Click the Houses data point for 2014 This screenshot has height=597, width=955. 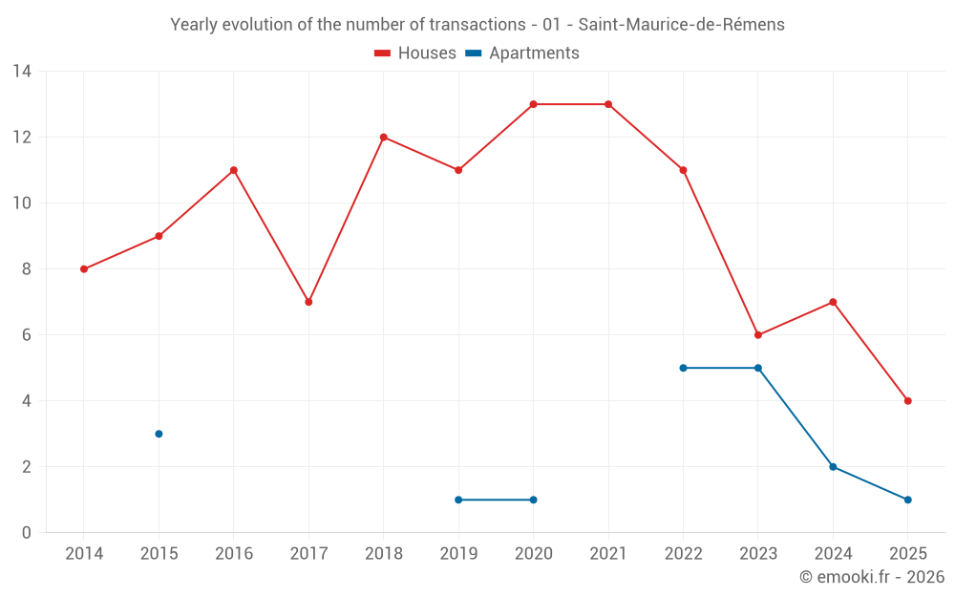coord(84,269)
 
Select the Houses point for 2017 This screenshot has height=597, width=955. coord(308,302)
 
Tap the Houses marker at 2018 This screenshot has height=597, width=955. coord(384,137)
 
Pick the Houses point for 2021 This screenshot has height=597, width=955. coord(608,104)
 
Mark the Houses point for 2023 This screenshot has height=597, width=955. coord(758,335)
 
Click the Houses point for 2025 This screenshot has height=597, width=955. coord(907,401)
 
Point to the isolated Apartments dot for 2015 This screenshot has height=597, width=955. coord(159,434)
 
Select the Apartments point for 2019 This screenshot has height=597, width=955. coord(458,500)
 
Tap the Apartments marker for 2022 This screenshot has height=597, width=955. coord(683,368)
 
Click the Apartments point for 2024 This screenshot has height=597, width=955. coord(833,467)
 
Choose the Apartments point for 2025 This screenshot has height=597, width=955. coord(907,500)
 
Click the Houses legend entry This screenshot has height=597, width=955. coord(415,53)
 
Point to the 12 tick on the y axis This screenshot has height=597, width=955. coord(22,138)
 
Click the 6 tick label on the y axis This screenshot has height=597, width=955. coord(27,335)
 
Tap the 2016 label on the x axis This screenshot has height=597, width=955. coord(234,554)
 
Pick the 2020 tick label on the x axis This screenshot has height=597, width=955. coord(533,554)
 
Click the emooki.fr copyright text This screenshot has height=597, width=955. coord(871,577)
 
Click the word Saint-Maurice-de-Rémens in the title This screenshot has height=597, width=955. coord(682,25)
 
